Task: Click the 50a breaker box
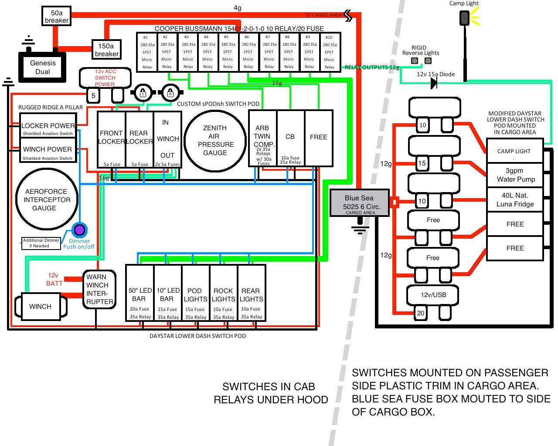coord(57,17)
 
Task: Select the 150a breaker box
coord(106,50)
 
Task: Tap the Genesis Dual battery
coord(42,67)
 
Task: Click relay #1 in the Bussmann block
coord(146,52)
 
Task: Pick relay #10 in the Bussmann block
coord(330,52)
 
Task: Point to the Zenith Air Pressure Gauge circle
coord(215,140)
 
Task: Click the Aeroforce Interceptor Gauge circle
coord(47,199)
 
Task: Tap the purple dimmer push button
coord(79,230)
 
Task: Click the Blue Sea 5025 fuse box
coord(359,203)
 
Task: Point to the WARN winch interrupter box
coord(100,289)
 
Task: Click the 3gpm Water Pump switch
coord(515,175)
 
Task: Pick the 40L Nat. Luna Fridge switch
coord(515,200)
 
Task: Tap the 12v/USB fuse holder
coord(433,295)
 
